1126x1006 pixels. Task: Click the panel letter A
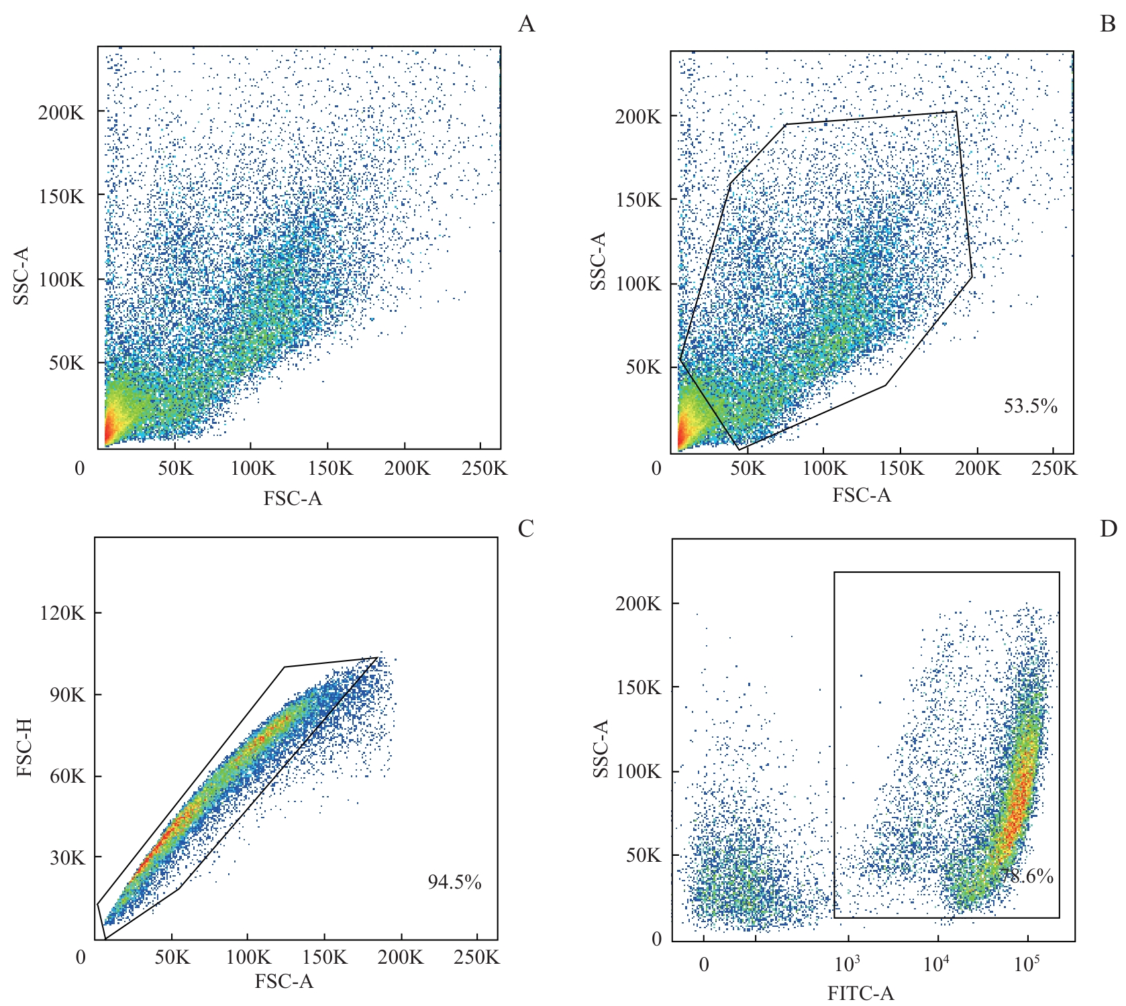click(527, 24)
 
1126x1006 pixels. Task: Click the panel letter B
click(1108, 24)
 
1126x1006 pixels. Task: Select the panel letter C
click(526, 528)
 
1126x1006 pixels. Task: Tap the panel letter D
click(1108, 528)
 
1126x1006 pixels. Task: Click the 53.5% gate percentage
click(1030, 406)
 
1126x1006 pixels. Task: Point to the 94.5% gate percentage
click(454, 882)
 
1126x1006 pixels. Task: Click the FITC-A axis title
click(860, 993)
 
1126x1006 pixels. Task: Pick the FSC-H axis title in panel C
click(24, 747)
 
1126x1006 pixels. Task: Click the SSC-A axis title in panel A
click(21, 276)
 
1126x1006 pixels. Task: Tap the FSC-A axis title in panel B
click(862, 495)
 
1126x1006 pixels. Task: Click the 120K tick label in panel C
click(62, 613)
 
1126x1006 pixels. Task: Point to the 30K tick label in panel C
click(67, 858)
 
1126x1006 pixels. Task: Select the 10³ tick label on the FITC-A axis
click(847, 964)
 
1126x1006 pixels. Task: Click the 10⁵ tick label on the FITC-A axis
click(1026, 964)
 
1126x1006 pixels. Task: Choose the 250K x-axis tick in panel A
click(484, 468)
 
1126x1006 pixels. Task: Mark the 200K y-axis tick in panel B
click(638, 117)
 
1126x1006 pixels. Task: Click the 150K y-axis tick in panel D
click(638, 687)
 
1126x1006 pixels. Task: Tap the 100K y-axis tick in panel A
click(62, 279)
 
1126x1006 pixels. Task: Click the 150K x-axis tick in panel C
click(325, 957)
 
